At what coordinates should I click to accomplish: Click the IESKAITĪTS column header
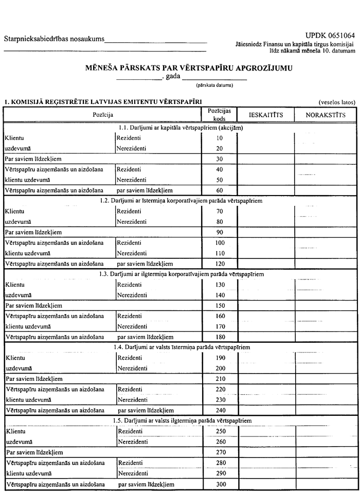click(265, 115)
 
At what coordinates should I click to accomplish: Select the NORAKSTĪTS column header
click(326, 115)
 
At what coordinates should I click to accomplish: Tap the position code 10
click(220, 138)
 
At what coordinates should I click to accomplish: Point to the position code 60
click(220, 190)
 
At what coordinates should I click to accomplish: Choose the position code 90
click(220, 232)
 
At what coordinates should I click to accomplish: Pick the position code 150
click(220, 306)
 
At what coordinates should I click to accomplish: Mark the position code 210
click(220, 379)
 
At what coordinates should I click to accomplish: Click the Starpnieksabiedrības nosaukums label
click(54, 39)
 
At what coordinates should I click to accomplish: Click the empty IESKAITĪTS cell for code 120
click(265, 264)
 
